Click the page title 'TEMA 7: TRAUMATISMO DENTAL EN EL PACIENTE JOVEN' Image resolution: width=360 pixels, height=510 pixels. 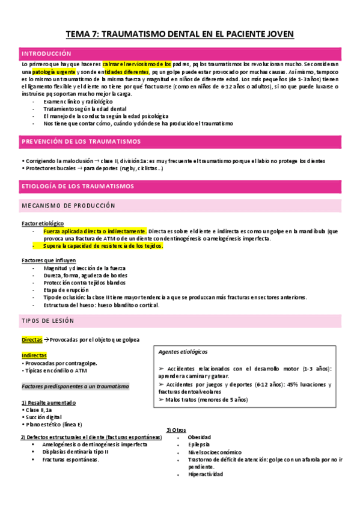[180, 34]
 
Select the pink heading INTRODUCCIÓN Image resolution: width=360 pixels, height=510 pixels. [46, 53]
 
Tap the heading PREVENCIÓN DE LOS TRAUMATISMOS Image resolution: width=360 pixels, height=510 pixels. [81, 141]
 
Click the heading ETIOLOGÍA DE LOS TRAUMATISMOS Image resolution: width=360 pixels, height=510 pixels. [78, 186]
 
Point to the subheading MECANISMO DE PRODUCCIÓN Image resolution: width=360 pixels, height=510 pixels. [68, 206]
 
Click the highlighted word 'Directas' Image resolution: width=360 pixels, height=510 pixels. [32, 340]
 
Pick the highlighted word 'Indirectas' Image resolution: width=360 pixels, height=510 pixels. [34, 355]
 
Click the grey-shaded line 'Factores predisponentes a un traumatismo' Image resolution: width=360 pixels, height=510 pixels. [75, 386]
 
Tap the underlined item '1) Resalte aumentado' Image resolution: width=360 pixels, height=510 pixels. [48, 402]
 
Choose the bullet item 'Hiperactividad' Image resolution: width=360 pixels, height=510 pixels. [205, 474]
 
